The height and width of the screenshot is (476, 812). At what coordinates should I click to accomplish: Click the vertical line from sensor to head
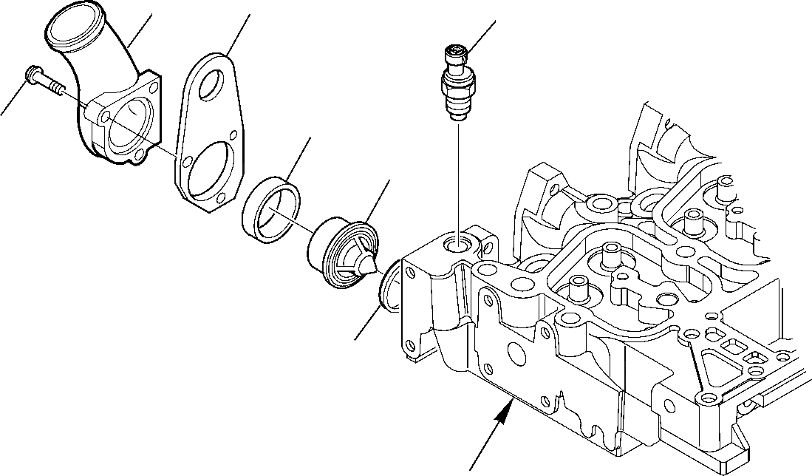tap(459, 177)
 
